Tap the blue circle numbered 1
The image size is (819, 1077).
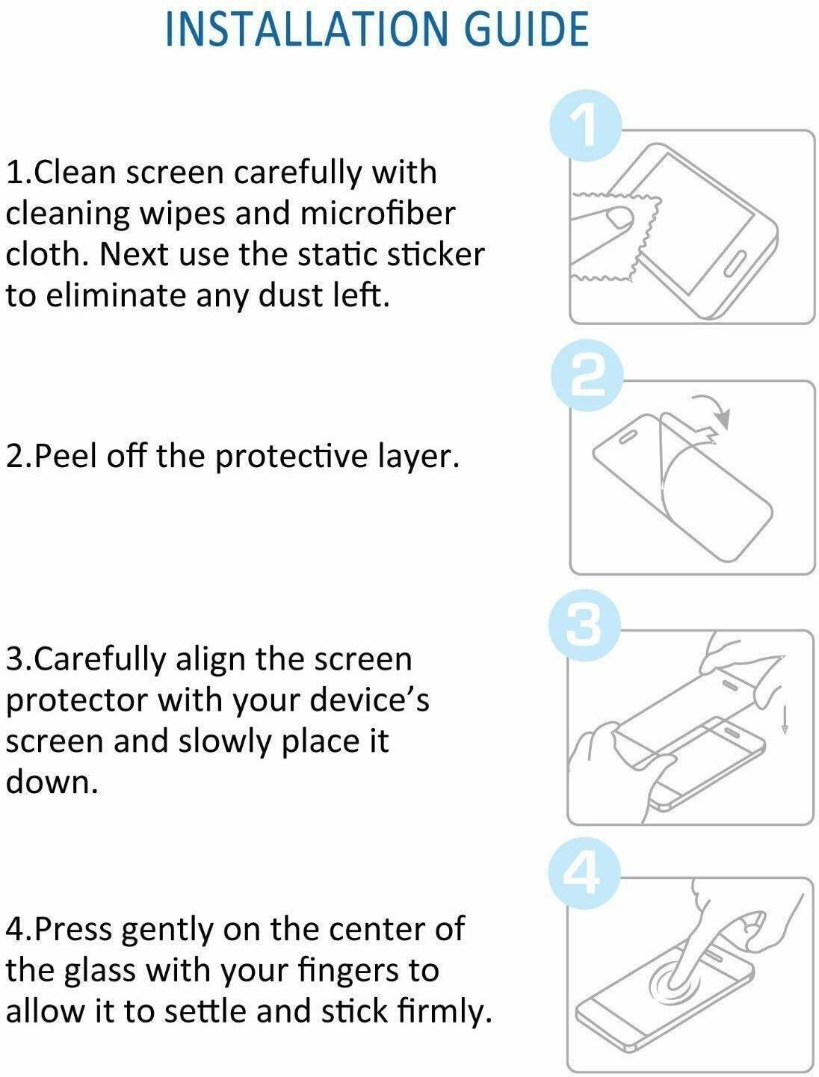(x=585, y=126)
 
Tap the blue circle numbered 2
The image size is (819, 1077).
(x=587, y=376)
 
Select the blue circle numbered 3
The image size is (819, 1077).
(x=584, y=625)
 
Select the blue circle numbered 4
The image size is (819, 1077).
(x=584, y=872)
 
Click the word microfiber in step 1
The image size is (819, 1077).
(x=377, y=214)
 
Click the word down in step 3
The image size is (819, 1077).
(x=51, y=783)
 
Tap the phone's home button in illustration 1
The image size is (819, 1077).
(x=736, y=265)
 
